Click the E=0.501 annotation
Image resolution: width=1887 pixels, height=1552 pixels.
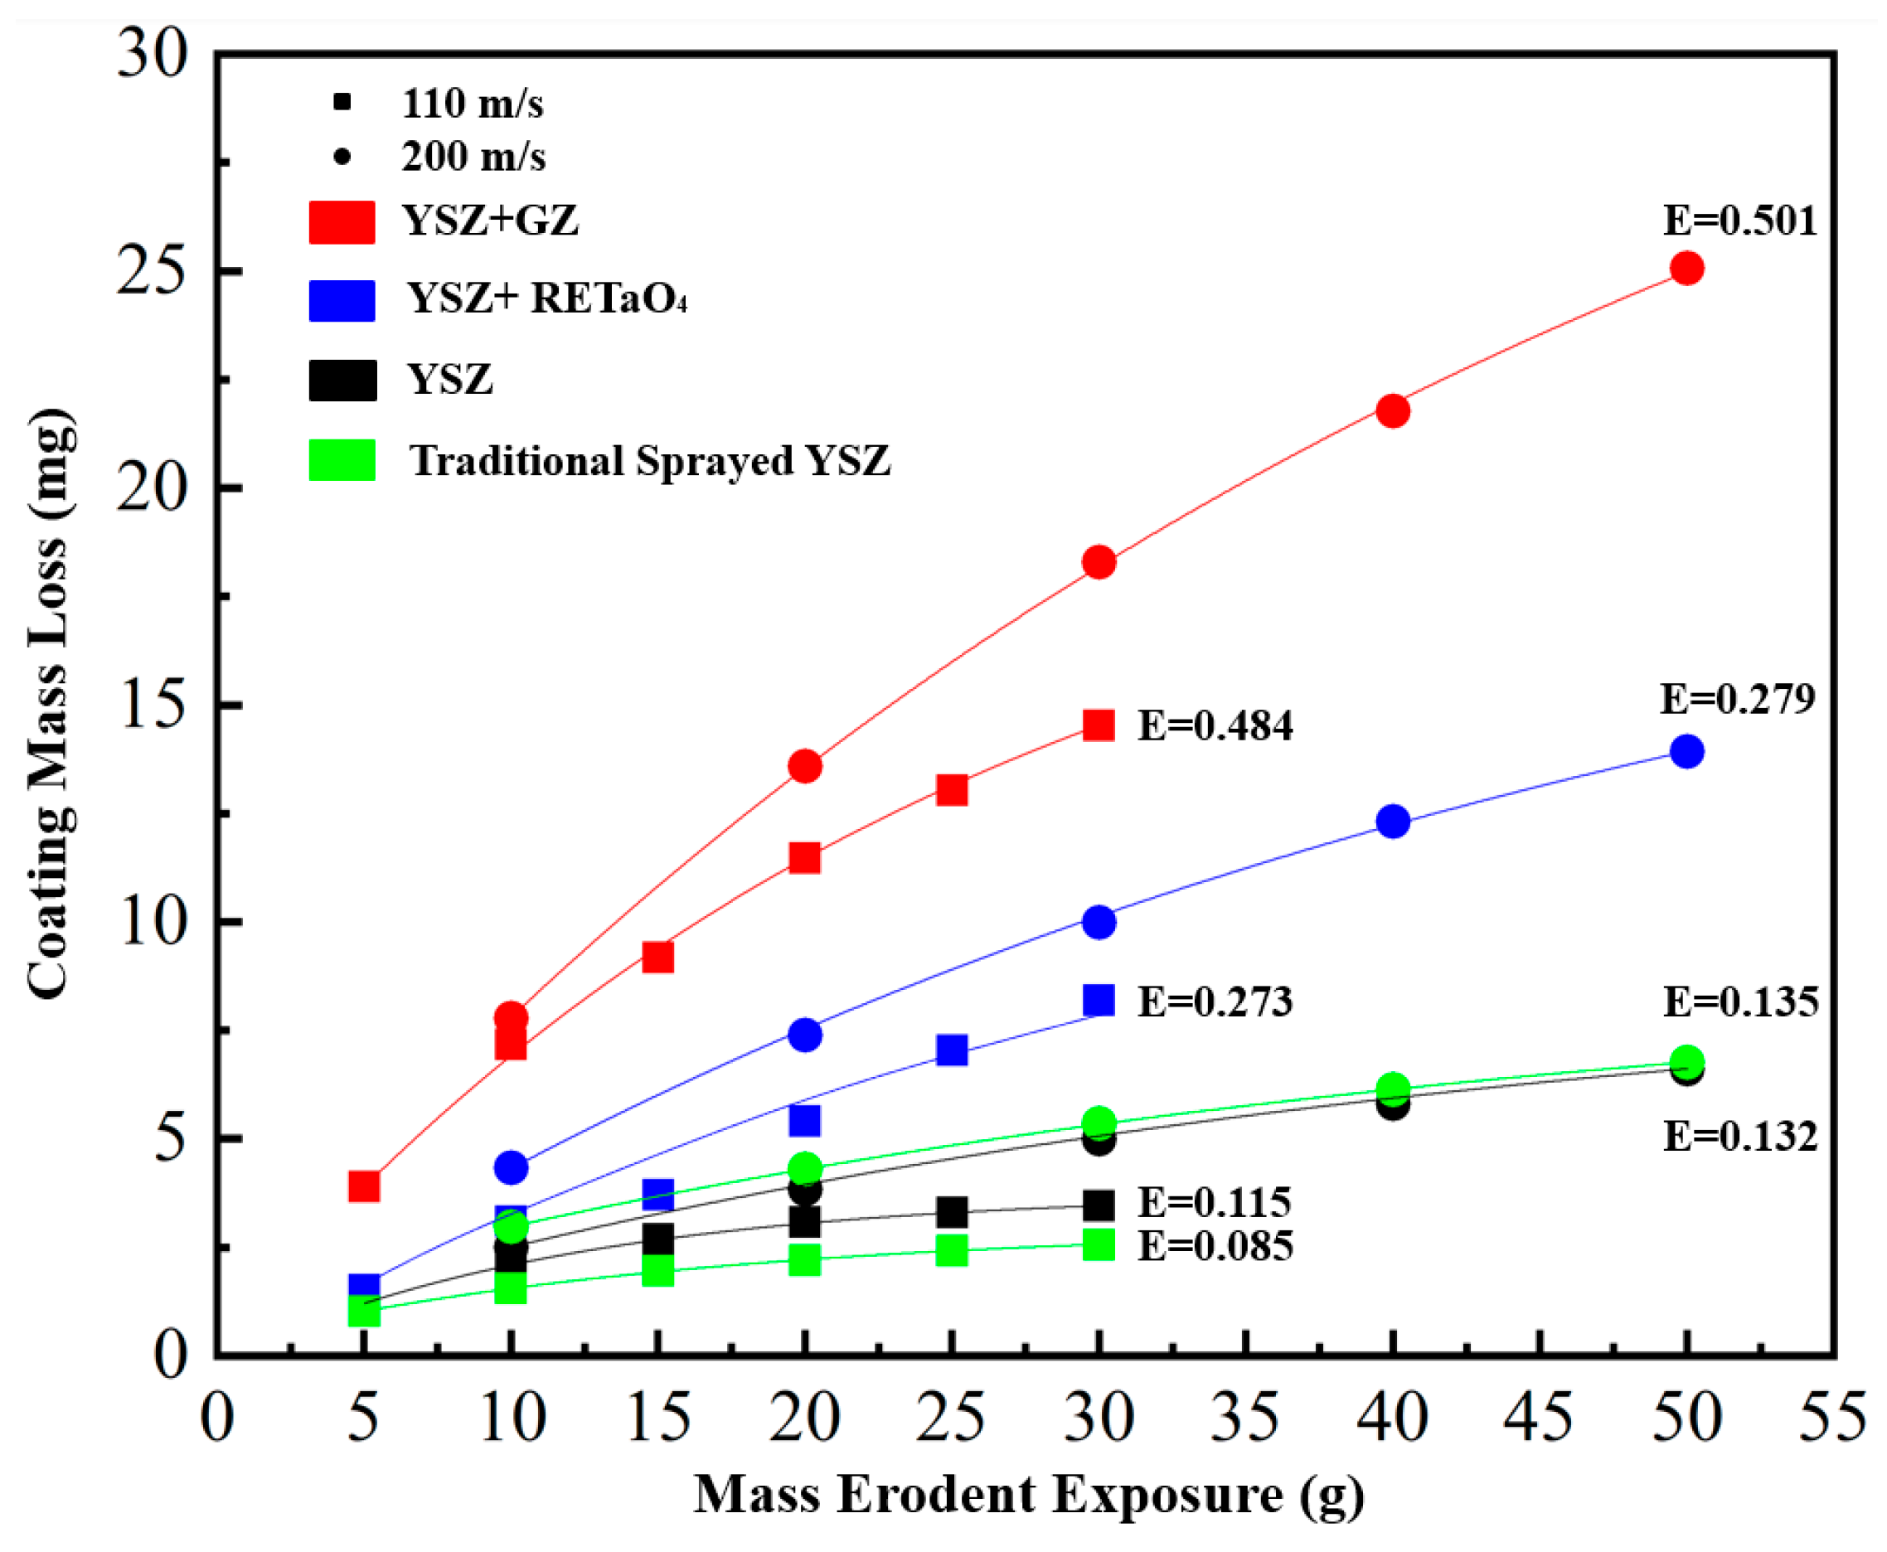1739,221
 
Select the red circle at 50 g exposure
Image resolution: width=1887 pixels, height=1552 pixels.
1686,269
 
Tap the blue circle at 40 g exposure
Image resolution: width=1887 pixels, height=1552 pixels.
1392,821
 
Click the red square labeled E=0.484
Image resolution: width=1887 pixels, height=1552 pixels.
1099,725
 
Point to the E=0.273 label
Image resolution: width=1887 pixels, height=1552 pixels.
1214,1002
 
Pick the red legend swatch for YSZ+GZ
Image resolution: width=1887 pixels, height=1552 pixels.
342,221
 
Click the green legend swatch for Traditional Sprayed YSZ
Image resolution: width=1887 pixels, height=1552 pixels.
342,460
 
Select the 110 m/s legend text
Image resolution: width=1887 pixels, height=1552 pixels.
472,104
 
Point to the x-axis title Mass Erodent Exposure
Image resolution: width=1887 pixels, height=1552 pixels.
1028,1494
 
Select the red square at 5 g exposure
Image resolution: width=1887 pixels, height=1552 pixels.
364,1186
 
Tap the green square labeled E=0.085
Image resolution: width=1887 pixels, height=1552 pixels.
1099,1244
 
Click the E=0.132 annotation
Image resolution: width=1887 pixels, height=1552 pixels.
1739,1137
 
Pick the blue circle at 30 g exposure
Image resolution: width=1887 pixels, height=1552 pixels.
1099,922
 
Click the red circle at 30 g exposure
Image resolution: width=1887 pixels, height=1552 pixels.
1099,562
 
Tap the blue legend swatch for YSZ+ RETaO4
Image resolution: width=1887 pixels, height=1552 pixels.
342,300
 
